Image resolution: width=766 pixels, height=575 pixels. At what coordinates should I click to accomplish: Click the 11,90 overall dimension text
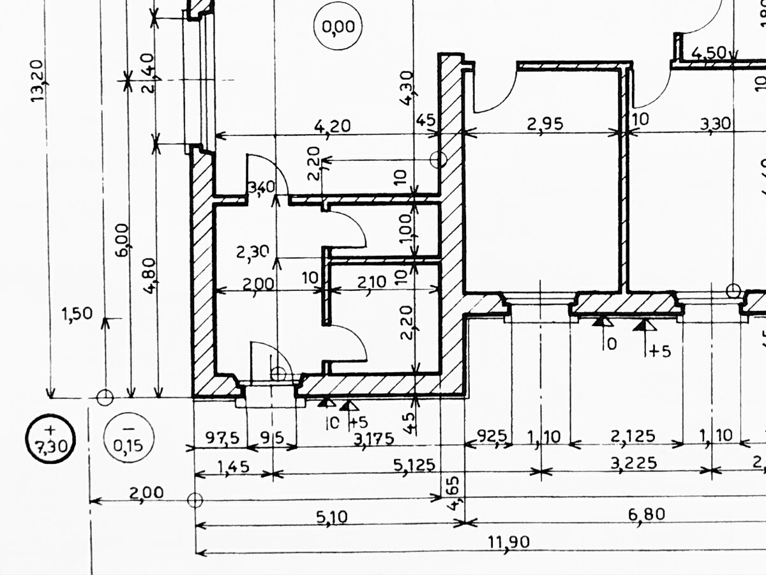509,542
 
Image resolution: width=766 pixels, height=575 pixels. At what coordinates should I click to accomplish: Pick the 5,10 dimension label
331,516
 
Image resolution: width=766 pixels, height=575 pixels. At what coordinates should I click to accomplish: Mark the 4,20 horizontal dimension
332,126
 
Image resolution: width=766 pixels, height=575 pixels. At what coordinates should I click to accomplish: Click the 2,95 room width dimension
544,124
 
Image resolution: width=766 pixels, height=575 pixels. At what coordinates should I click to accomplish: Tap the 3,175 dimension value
373,438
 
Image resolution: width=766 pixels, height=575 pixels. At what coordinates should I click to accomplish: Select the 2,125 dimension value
633,436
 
